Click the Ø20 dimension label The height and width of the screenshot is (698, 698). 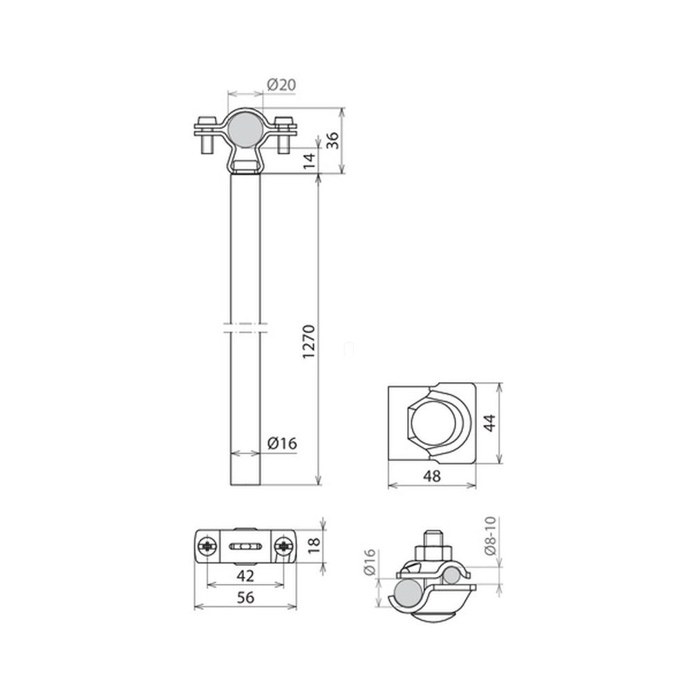click(281, 84)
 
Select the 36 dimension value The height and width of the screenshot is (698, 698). click(332, 140)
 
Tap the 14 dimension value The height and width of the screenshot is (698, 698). click(310, 160)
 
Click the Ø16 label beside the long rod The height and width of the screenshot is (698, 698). click(282, 444)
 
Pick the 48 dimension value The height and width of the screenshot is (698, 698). click(432, 476)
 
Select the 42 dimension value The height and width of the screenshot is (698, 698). click(245, 576)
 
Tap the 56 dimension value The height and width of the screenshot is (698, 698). click(245, 597)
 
